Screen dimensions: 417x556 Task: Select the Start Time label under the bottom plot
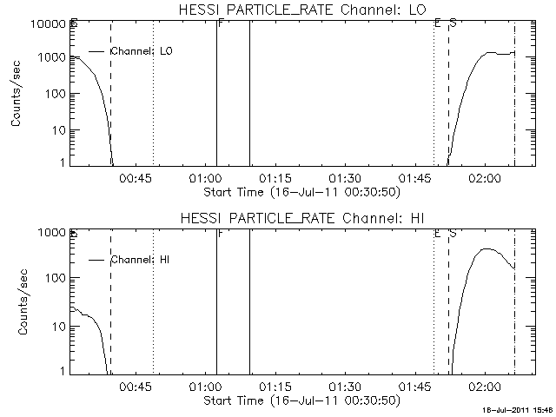click(x=301, y=400)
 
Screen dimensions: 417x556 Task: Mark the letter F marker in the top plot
click(x=221, y=23)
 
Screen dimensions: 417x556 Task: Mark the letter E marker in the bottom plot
click(x=437, y=234)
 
